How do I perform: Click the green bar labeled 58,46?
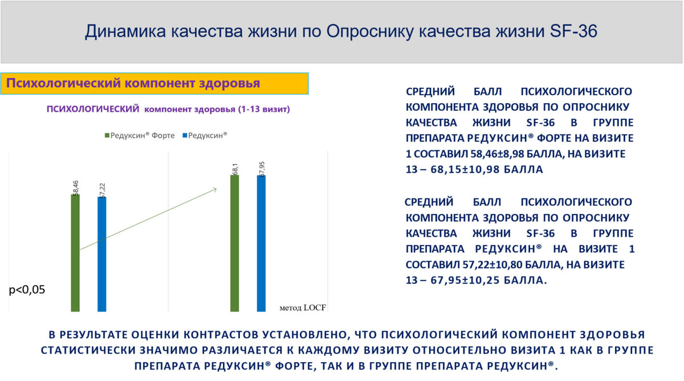point(75,253)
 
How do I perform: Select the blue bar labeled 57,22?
point(102,254)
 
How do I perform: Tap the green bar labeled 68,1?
point(234,243)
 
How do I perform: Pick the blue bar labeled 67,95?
point(261,244)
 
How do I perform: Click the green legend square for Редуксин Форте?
point(107,135)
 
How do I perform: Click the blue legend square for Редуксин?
point(185,135)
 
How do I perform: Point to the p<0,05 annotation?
point(27,290)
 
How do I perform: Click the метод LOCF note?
point(303,307)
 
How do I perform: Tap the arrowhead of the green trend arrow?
point(215,190)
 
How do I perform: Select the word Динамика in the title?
point(125,31)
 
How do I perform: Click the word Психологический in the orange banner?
point(63,83)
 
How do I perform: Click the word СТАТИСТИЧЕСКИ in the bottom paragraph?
point(88,350)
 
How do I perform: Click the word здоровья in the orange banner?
point(229,84)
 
